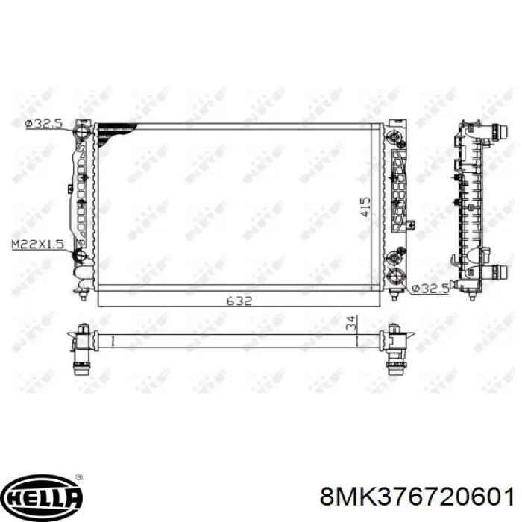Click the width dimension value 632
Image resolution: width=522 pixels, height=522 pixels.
pos(239,301)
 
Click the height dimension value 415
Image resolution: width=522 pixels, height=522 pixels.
pos(365,207)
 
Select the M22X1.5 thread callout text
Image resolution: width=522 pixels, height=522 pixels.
pos(37,245)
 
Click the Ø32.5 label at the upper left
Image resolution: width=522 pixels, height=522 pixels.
pos(43,124)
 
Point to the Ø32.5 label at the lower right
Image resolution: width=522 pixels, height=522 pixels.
pos(430,289)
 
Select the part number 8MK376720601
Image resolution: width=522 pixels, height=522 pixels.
pos(417,497)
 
